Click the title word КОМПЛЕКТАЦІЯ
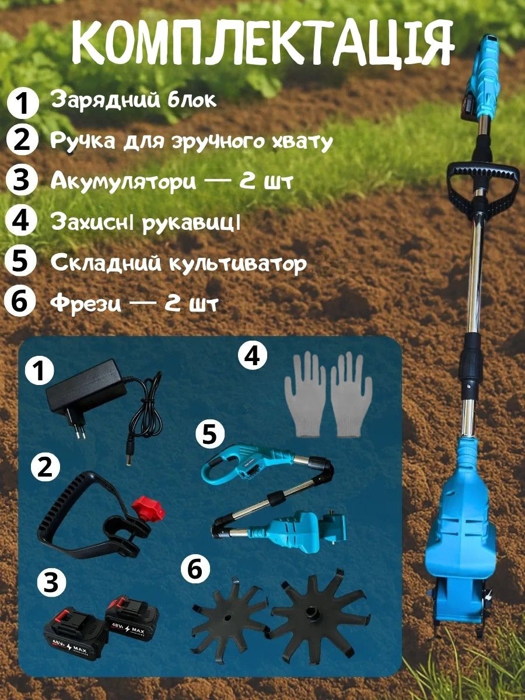(262, 43)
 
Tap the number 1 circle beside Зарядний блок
(22, 101)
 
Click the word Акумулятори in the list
(123, 183)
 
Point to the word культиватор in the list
(237, 262)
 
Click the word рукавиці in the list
(190, 223)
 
